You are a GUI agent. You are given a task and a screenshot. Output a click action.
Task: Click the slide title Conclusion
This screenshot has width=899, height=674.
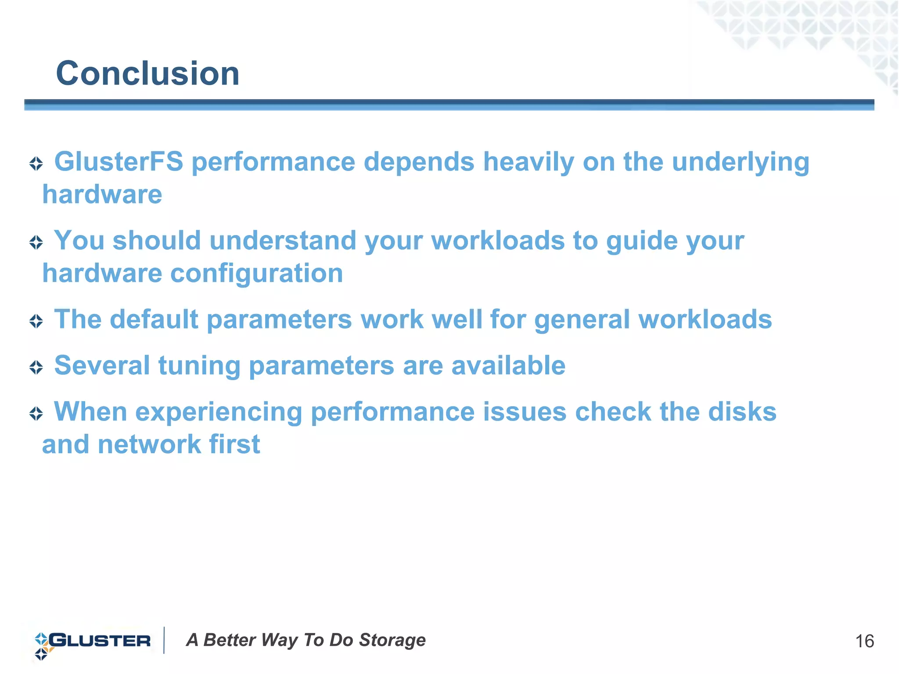(x=147, y=73)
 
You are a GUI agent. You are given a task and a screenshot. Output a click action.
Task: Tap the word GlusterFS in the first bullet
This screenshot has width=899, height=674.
(x=119, y=161)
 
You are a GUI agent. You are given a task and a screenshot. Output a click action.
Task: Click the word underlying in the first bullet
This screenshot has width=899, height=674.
(x=741, y=162)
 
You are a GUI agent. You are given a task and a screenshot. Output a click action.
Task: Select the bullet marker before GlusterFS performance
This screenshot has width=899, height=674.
(x=36, y=164)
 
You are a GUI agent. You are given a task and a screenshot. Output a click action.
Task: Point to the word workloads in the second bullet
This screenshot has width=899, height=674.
(x=498, y=241)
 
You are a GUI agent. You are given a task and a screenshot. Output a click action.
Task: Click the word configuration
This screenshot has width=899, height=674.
(x=256, y=273)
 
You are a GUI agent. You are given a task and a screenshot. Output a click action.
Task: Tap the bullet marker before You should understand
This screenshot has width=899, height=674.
(x=36, y=242)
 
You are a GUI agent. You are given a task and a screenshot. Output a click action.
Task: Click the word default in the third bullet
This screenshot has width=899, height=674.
(x=154, y=319)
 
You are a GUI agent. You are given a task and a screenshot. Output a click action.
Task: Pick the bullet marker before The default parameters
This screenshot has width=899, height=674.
(x=36, y=321)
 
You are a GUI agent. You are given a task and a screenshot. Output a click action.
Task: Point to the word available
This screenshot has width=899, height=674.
(x=508, y=365)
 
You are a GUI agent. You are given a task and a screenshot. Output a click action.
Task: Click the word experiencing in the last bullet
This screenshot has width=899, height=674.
(x=219, y=413)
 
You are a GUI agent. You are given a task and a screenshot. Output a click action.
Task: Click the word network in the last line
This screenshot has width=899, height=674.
(x=149, y=444)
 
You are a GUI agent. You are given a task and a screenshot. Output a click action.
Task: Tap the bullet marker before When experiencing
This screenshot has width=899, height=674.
(x=36, y=414)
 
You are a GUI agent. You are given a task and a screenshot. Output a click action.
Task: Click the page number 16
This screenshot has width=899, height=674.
(x=864, y=642)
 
